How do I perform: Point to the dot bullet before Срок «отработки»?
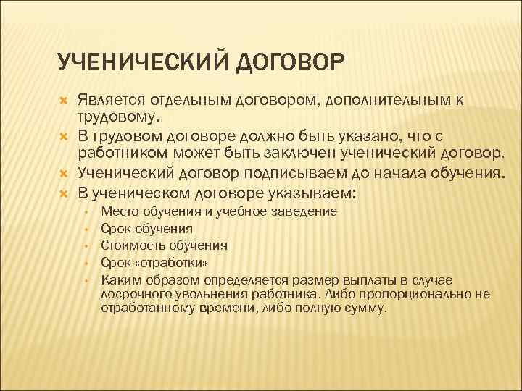(x=86, y=263)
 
